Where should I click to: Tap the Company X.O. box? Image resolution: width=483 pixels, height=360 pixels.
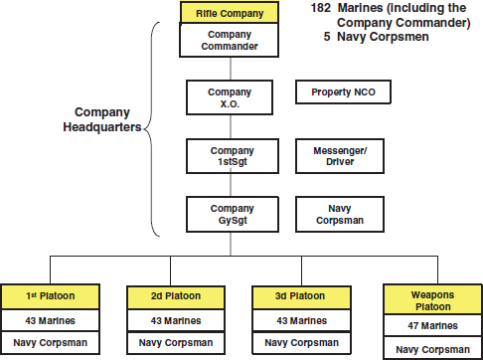coord(230,96)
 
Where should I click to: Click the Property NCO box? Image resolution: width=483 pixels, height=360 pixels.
coord(342,92)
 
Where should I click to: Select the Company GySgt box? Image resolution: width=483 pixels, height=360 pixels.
coord(230,213)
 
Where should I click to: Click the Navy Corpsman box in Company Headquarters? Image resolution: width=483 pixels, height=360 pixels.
coord(342,213)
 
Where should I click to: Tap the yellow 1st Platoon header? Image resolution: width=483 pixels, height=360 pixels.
coord(51,296)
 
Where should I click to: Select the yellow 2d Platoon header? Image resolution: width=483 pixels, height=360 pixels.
coord(177,296)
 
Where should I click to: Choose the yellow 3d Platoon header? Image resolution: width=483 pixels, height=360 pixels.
coord(301,296)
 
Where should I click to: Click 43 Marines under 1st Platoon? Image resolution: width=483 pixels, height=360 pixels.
coord(51,320)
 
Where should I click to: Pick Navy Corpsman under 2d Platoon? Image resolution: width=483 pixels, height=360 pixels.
coord(177,343)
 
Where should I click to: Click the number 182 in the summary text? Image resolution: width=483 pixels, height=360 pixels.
coord(321,8)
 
